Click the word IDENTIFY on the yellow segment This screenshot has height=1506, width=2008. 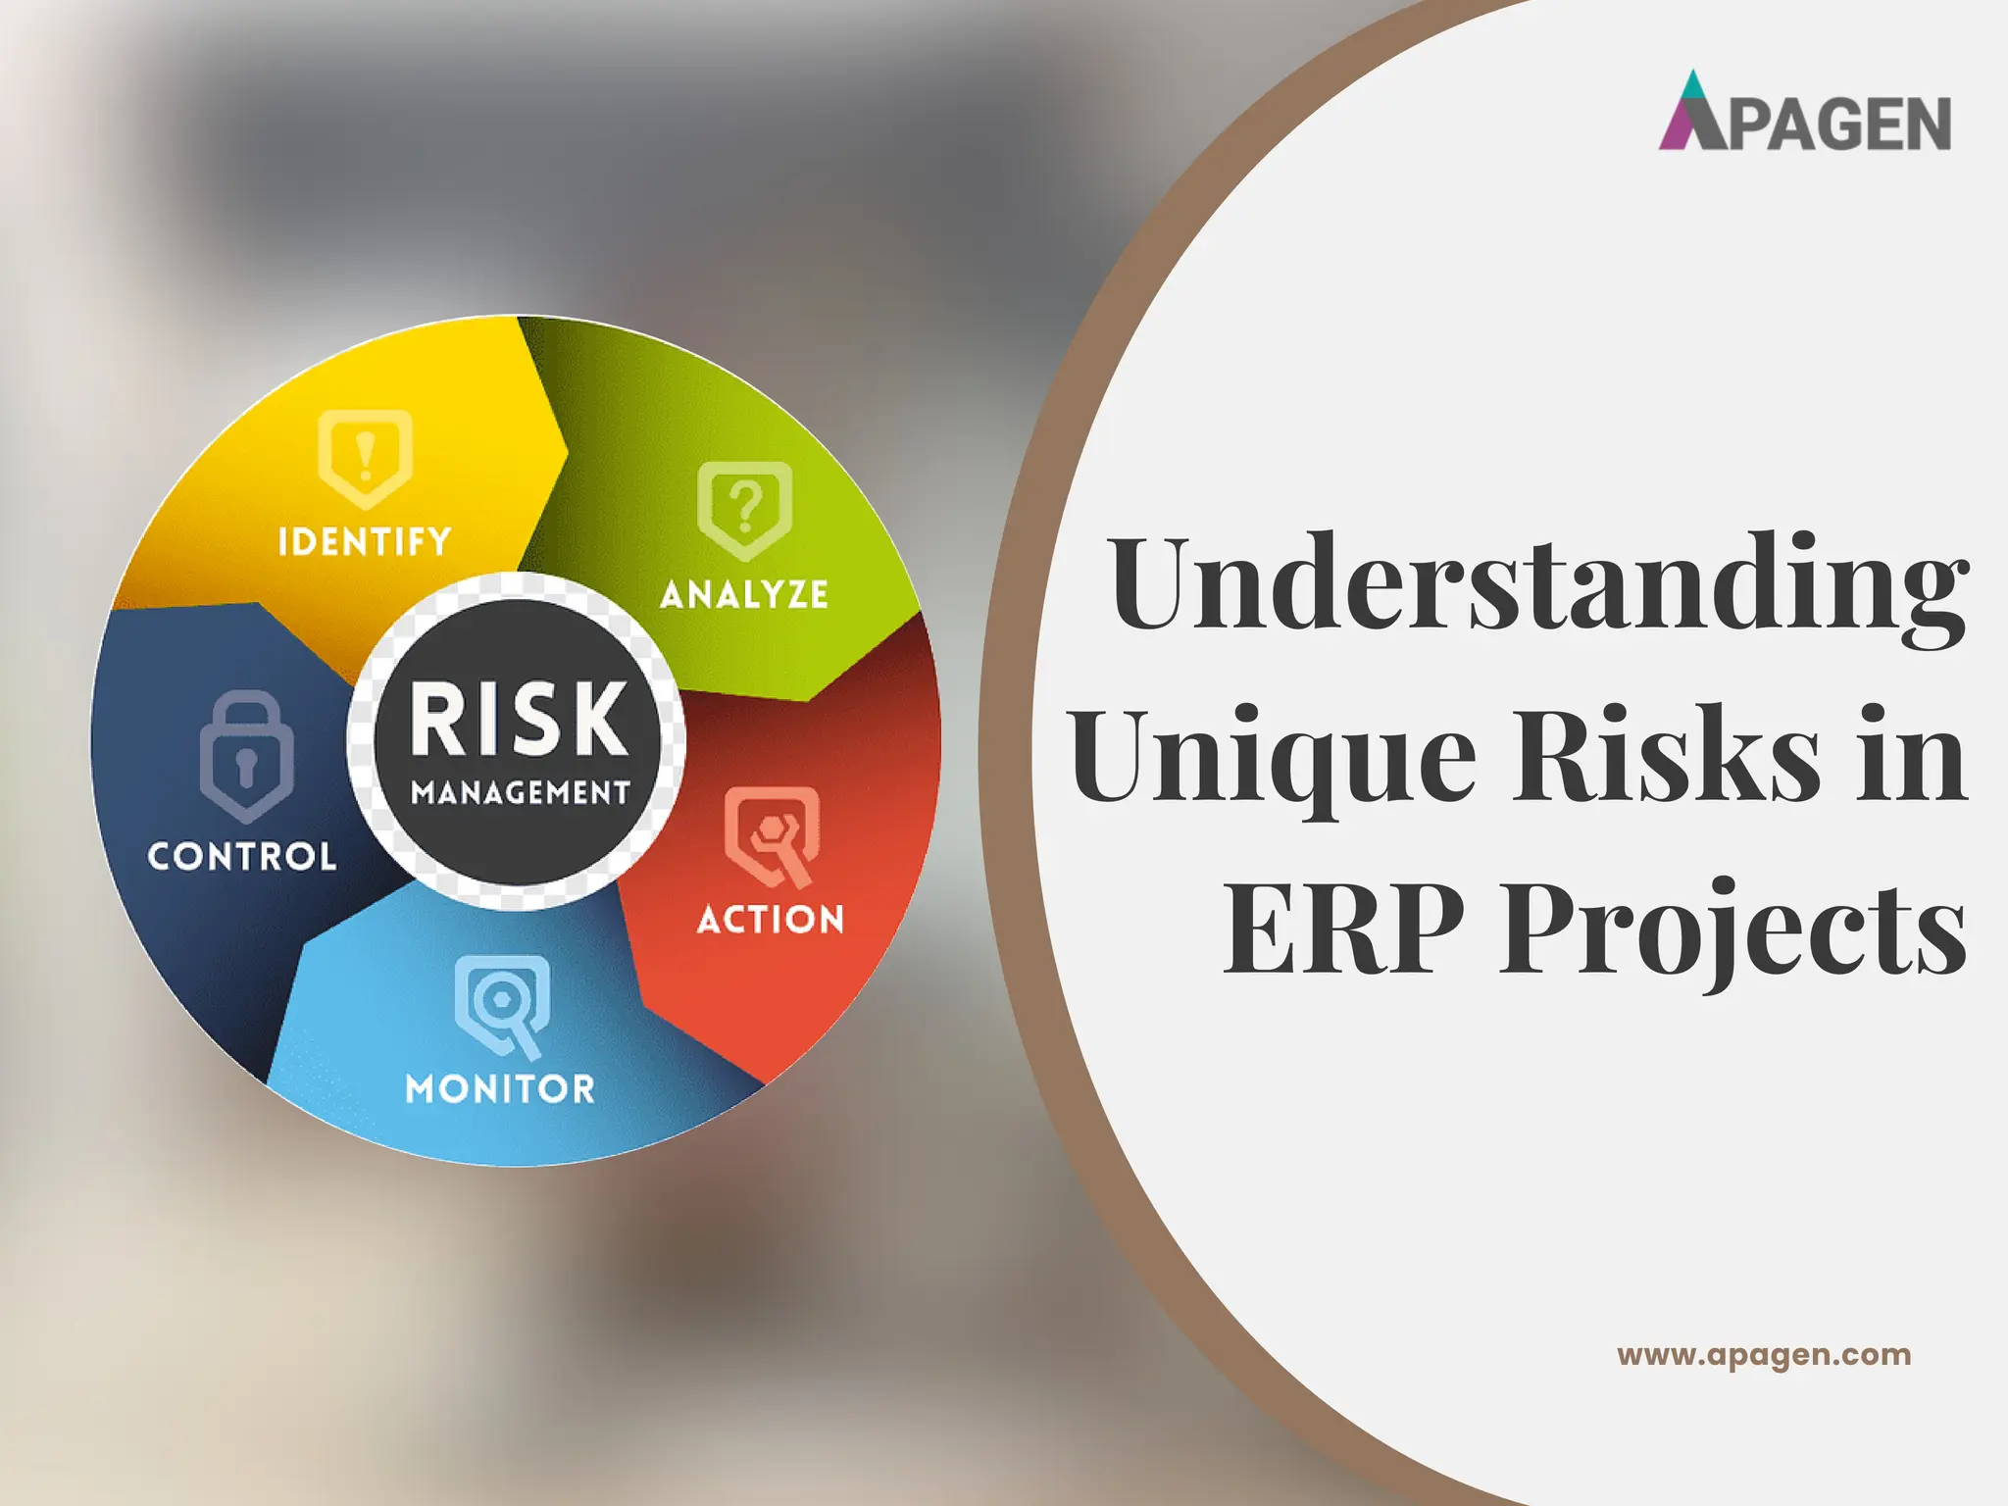[x=365, y=541]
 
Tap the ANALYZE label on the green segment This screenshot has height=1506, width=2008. [x=744, y=594]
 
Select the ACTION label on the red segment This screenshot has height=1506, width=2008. [x=771, y=920]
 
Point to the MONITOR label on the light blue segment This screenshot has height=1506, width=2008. [x=500, y=1088]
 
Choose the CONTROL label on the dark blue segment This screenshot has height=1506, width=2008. [x=242, y=857]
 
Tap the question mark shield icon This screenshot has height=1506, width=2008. [x=744, y=510]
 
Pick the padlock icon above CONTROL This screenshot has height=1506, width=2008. [x=246, y=756]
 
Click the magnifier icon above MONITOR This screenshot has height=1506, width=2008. [x=502, y=1005]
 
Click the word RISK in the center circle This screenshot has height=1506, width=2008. [x=519, y=720]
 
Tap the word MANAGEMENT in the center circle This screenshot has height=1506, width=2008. [x=521, y=792]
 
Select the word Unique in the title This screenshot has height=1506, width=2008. [x=1273, y=757]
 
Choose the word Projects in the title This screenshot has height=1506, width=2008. [x=1733, y=929]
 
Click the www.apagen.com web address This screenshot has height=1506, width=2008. [x=1764, y=1355]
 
